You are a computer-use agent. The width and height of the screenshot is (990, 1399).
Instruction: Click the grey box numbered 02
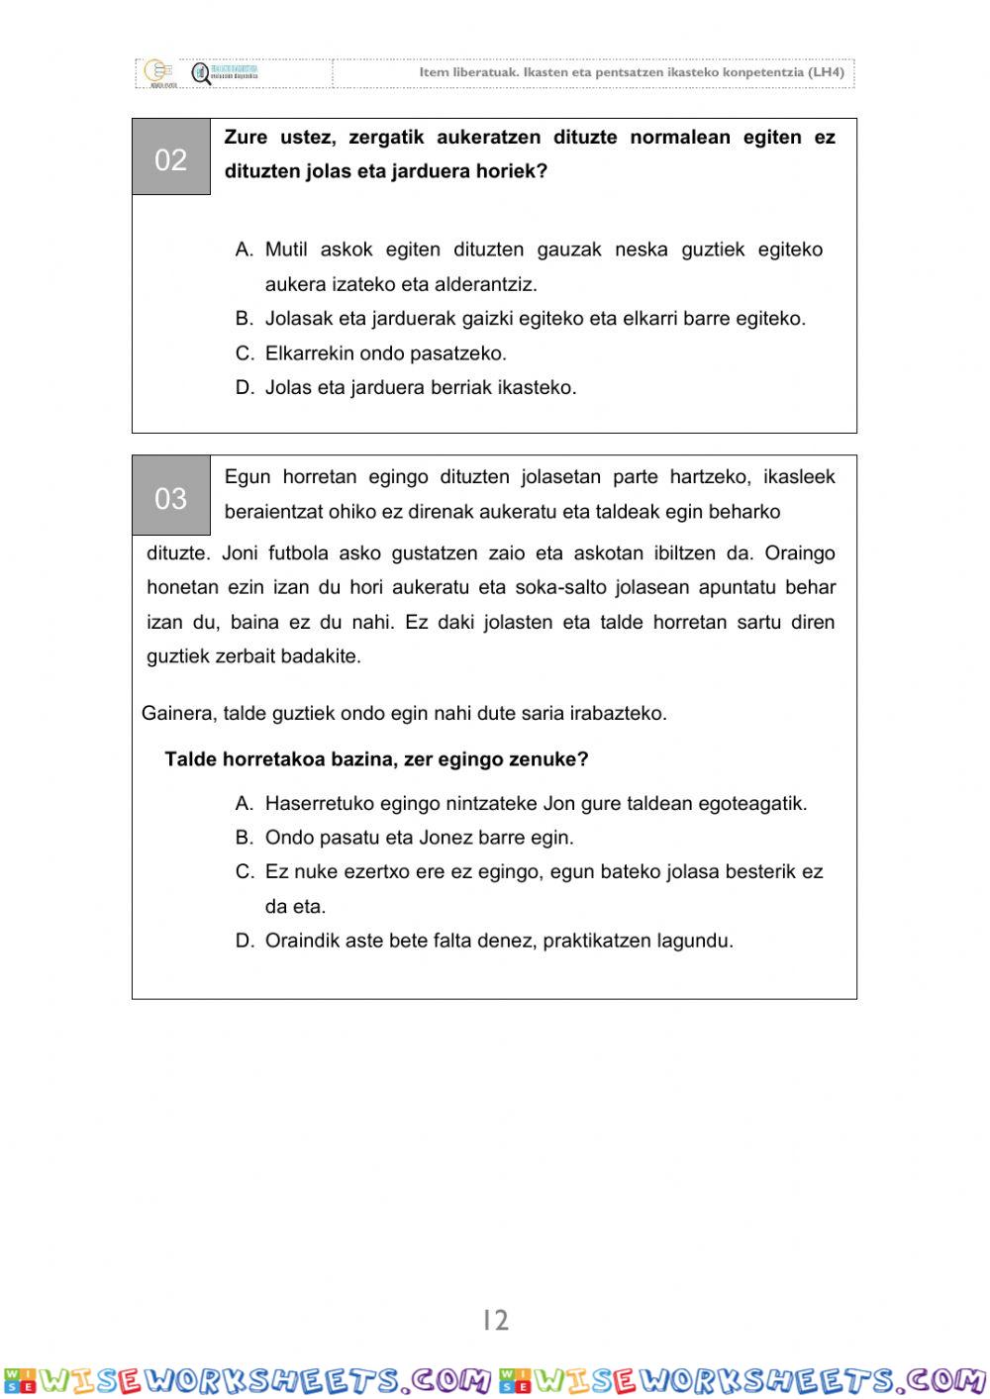(x=171, y=158)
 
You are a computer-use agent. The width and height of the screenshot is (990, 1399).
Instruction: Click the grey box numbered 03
(x=171, y=497)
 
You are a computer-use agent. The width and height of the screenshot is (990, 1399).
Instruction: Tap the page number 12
(x=495, y=1320)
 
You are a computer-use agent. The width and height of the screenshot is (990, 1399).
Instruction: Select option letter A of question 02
(x=245, y=250)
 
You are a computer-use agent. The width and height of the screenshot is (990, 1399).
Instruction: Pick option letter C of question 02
(x=245, y=353)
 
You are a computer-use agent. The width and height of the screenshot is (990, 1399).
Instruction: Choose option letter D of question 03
(x=245, y=941)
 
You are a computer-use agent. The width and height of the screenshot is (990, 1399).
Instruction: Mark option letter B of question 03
(x=245, y=838)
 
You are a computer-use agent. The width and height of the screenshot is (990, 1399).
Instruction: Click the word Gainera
(x=177, y=713)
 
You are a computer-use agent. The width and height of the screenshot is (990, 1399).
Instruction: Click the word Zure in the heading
(x=246, y=138)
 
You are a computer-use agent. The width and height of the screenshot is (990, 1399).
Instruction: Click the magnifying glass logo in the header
(x=201, y=74)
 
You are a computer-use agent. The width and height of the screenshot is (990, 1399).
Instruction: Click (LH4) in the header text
(x=826, y=72)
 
